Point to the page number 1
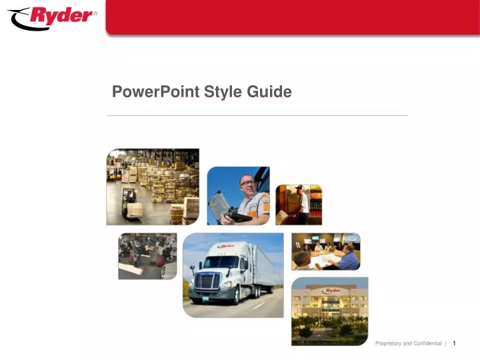tap(453, 343)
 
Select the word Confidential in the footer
tap(426, 343)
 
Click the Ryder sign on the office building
tap(331, 291)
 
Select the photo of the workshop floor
tap(147, 255)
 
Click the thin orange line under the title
tap(257, 115)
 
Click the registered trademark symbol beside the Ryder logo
tap(94, 13)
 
